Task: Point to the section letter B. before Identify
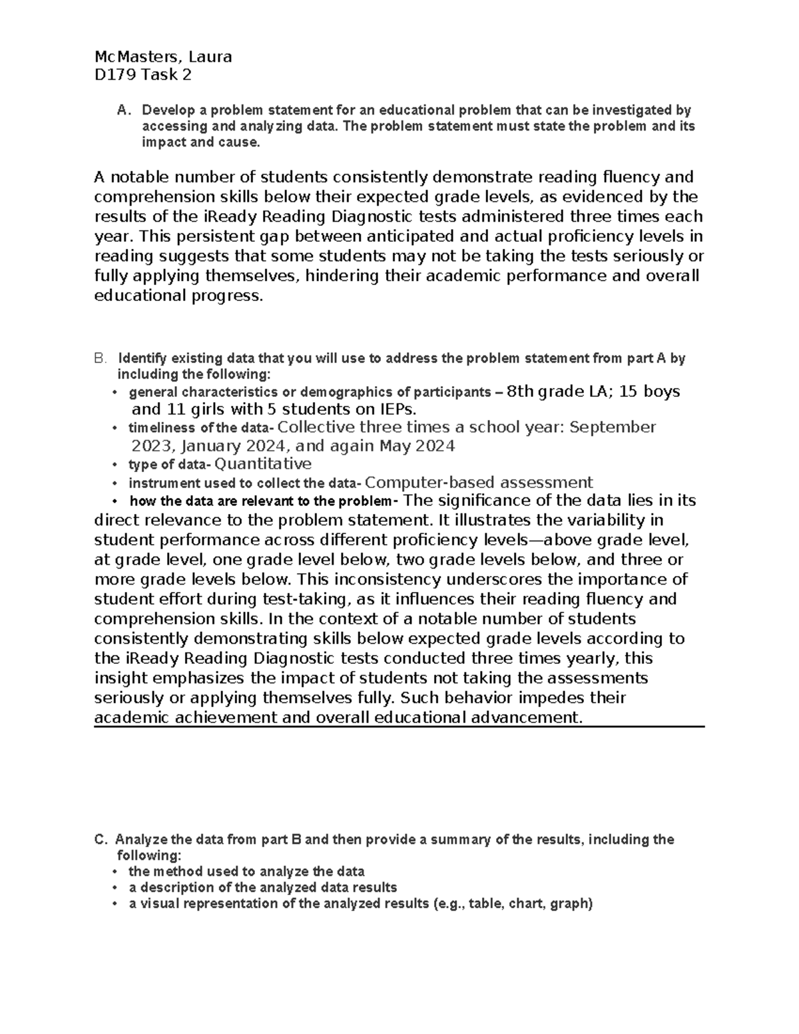(100, 358)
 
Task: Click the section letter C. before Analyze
(101, 840)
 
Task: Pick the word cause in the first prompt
(239, 142)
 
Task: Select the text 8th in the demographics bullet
(521, 391)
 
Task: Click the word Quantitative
(263, 464)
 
